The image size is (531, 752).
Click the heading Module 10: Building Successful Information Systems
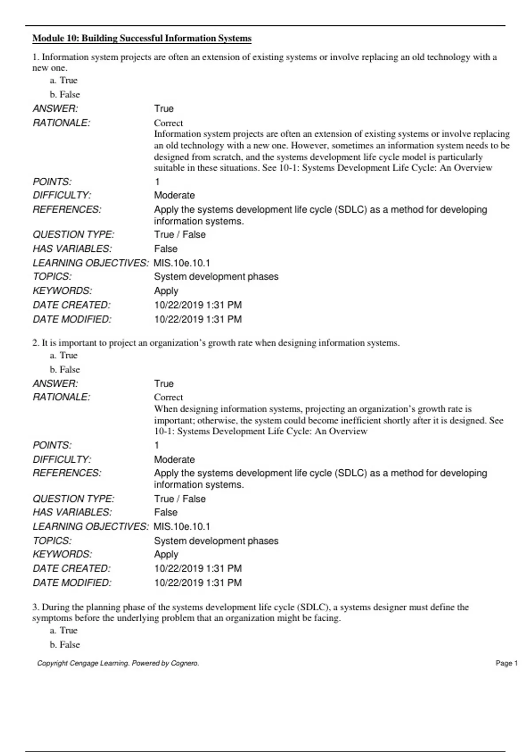(142, 38)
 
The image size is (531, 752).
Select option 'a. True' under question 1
(64, 81)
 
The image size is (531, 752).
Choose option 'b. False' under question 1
(65, 95)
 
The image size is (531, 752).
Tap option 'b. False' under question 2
(65, 370)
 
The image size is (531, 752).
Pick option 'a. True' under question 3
(64, 630)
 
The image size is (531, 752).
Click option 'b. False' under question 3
(65, 645)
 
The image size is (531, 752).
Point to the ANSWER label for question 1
(55, 109)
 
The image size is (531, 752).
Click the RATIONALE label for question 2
(62, 397)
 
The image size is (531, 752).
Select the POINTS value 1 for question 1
(157, 182)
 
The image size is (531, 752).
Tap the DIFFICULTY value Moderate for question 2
(174, 460)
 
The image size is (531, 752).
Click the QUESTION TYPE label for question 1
(73, 234)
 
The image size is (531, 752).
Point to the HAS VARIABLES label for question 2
(72, 512)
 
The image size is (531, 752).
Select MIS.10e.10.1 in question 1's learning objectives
(182, 263)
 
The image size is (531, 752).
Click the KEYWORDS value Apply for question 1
(166, 291)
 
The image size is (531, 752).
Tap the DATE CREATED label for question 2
(72, 568)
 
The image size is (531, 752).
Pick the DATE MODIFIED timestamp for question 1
(198, 319)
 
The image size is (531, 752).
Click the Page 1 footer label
(506, 663)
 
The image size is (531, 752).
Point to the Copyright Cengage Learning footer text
(118, 663)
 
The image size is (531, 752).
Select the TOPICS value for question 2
(216, 541)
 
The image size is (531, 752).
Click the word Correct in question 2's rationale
(168, 397)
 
